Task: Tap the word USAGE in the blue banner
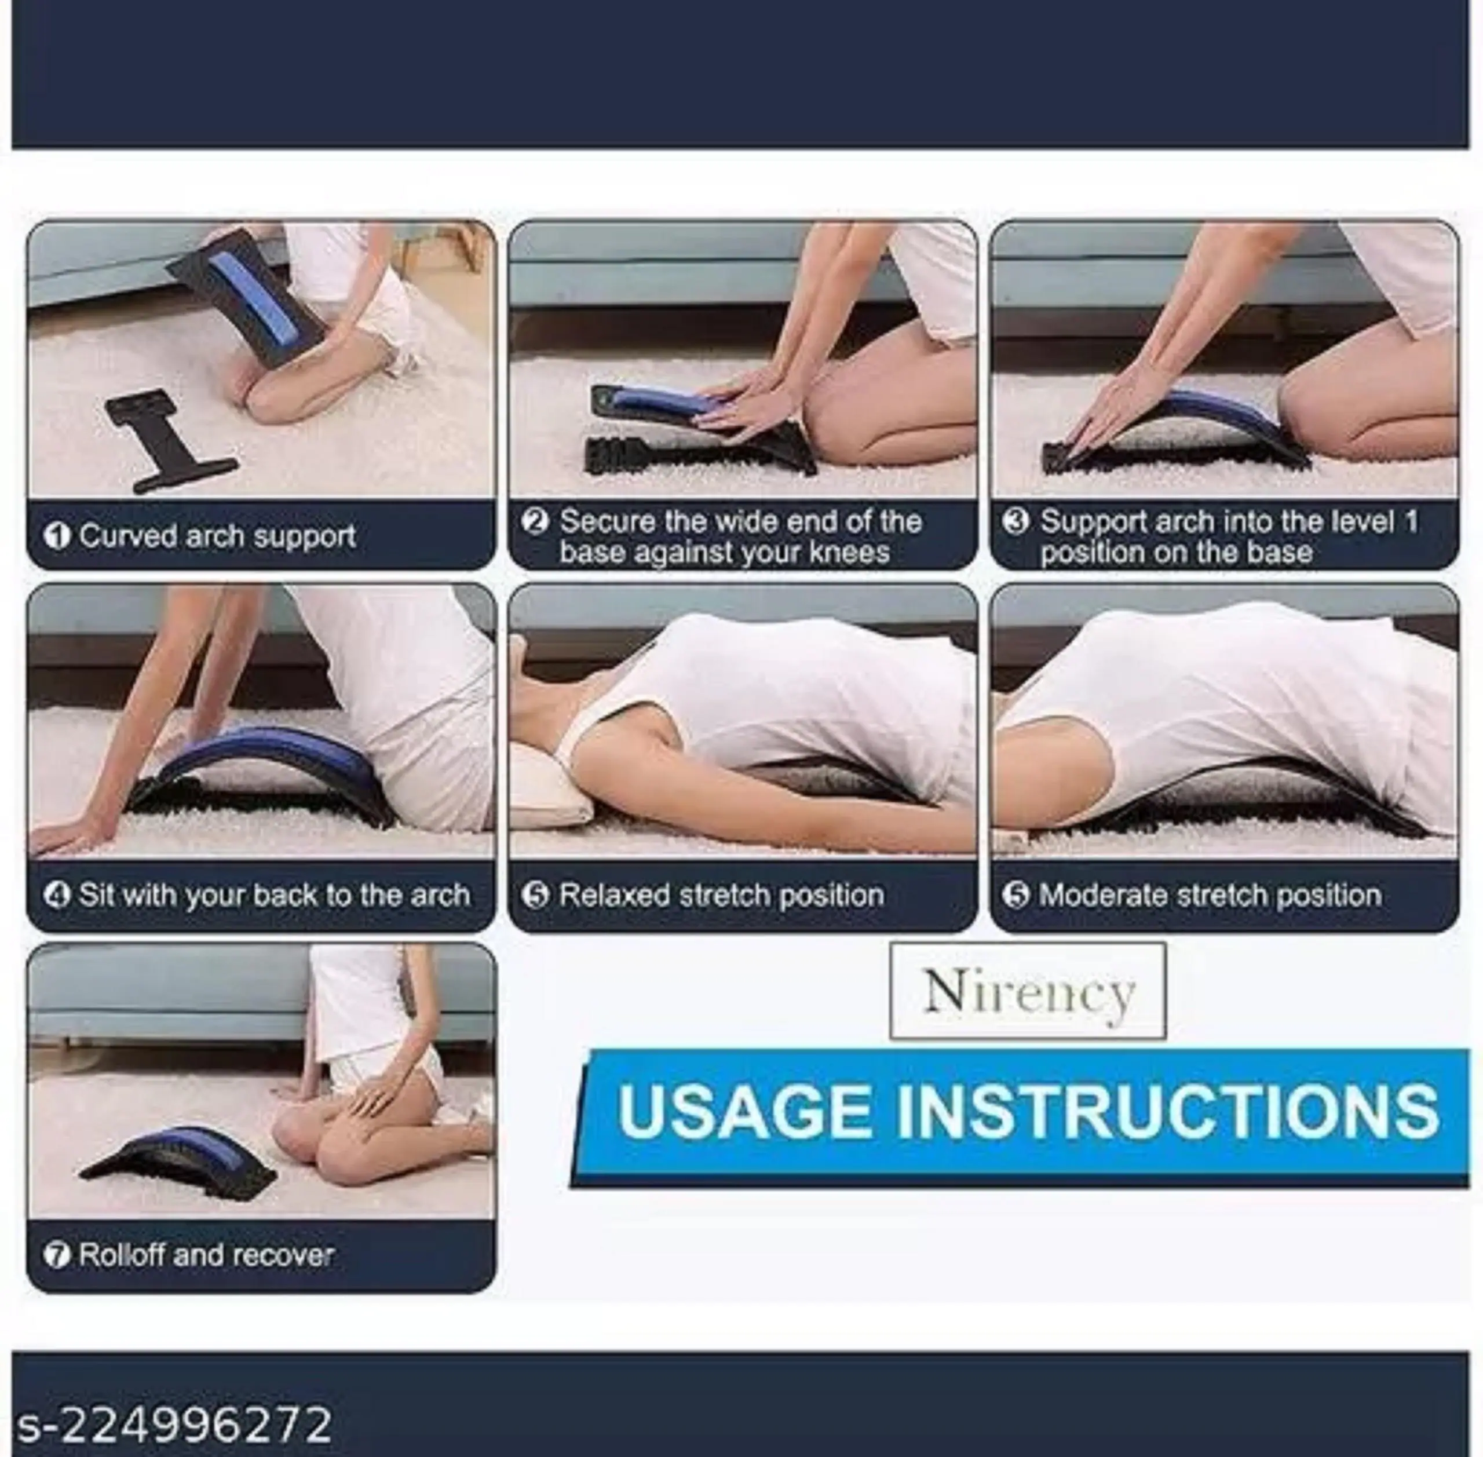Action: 744,1112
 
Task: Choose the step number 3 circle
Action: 1016,522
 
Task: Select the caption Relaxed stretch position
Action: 722,895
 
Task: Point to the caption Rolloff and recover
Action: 207,1255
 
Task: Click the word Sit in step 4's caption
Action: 97,895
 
